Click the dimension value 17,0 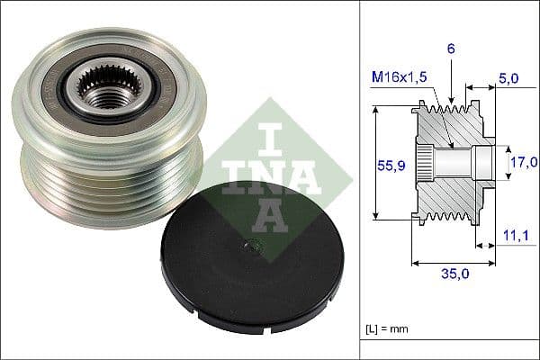522,162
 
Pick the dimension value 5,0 508,79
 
